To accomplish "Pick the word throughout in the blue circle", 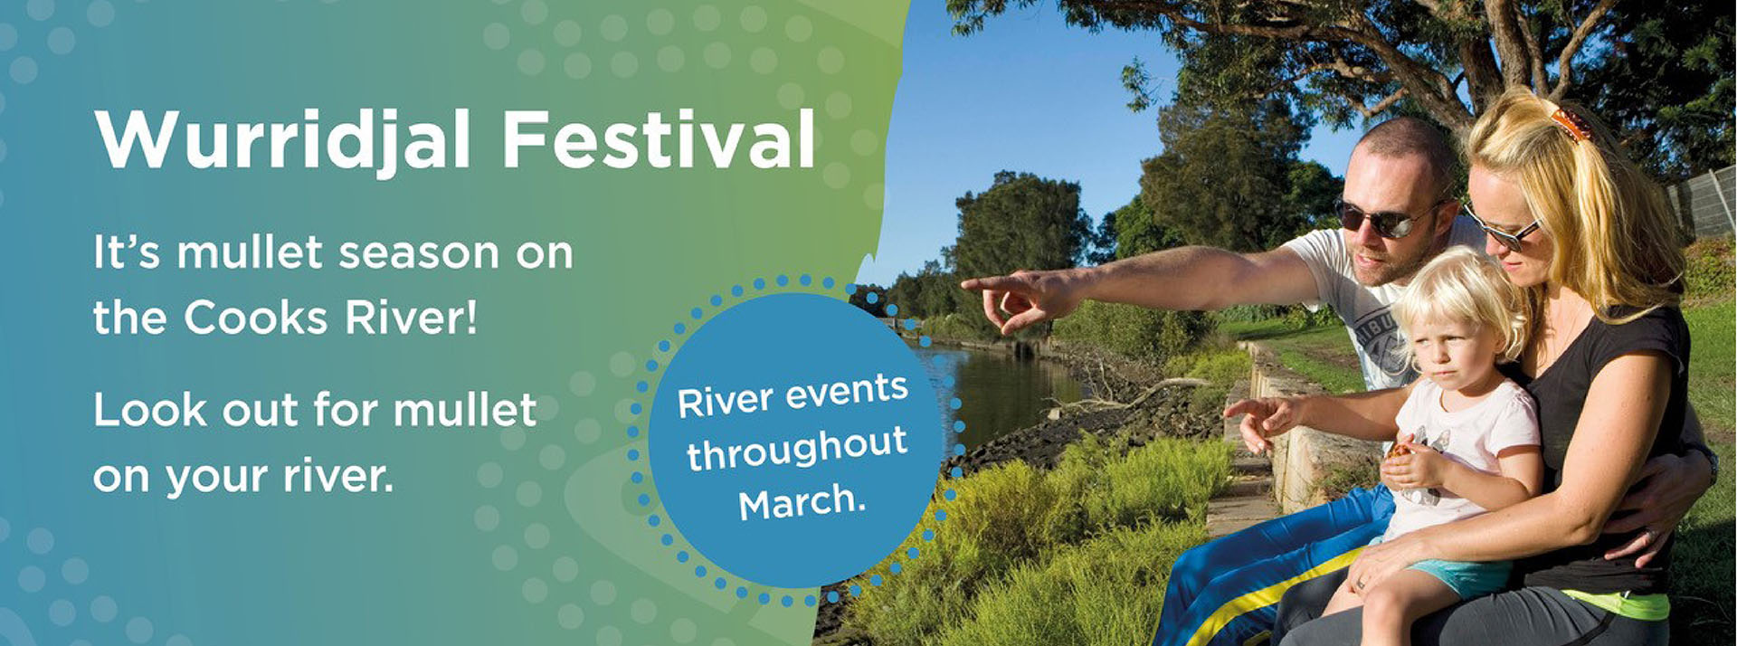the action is (797, 448).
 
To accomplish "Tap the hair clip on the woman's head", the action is (1572, 126).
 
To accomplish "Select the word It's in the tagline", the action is (126, 252).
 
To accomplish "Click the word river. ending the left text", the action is (338, 476).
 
